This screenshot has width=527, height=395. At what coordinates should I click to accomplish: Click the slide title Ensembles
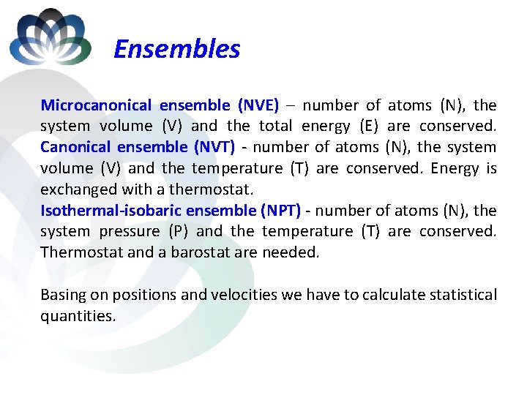click(x=176, y=49)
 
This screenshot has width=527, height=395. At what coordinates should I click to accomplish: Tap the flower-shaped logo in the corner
click(x=50, y=37)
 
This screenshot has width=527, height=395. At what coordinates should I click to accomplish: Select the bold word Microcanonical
click(x=96, y=105)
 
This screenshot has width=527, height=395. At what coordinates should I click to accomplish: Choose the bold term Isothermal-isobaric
click(x=111, y=211)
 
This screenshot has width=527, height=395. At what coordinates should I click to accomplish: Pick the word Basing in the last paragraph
click(x=63, y=295)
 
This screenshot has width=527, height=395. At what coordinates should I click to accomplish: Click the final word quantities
click(x=77, y=316)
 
